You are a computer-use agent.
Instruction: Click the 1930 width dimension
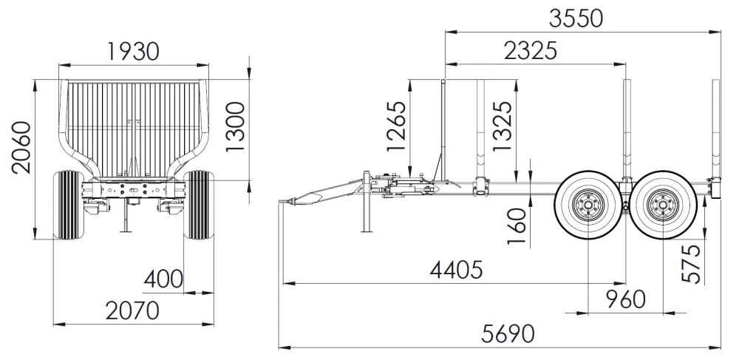(x=133, y=51)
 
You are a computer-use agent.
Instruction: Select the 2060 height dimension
(x=21, y=148)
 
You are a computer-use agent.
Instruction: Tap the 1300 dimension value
(x=235, y=126)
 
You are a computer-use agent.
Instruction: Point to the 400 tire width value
(x=163, y=279)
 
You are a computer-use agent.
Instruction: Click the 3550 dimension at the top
(x=576, y=18)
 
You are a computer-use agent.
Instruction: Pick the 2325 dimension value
(x=530, y=51)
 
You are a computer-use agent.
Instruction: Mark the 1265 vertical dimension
(x=396, y=126)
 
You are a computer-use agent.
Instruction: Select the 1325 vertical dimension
(x=503, y=126)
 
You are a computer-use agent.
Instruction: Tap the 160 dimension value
(x=517, y=226)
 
